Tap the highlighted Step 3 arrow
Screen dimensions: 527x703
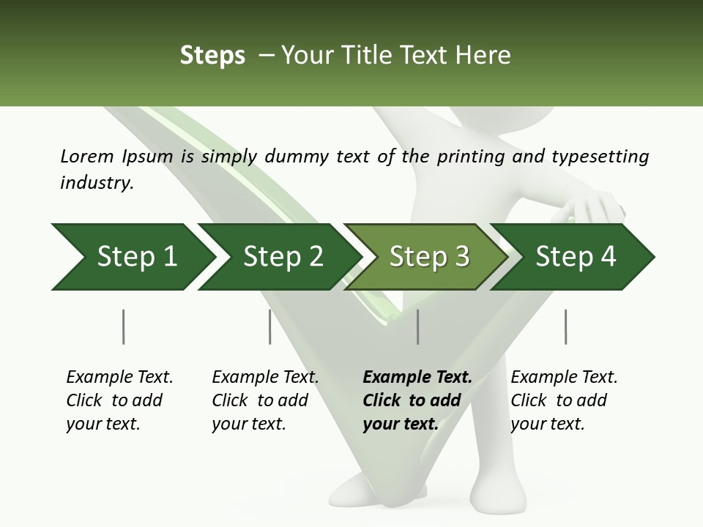coord(429,257)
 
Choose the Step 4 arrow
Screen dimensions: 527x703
coord(576,257)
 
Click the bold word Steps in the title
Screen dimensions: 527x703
coord(212,55)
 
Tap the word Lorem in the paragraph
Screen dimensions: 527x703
coord(87,156)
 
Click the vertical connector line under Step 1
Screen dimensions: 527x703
coord(123,326)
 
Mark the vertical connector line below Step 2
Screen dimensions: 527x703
coord(270,326)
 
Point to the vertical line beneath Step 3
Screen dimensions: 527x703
coord(417,326)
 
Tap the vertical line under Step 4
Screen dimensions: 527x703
coord(565,326)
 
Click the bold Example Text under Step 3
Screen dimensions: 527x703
coord(417,378)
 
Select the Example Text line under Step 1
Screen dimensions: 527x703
coord(119,378)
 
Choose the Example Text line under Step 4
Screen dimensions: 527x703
coord(564,378)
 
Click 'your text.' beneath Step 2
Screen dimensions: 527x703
coord(248,424)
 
